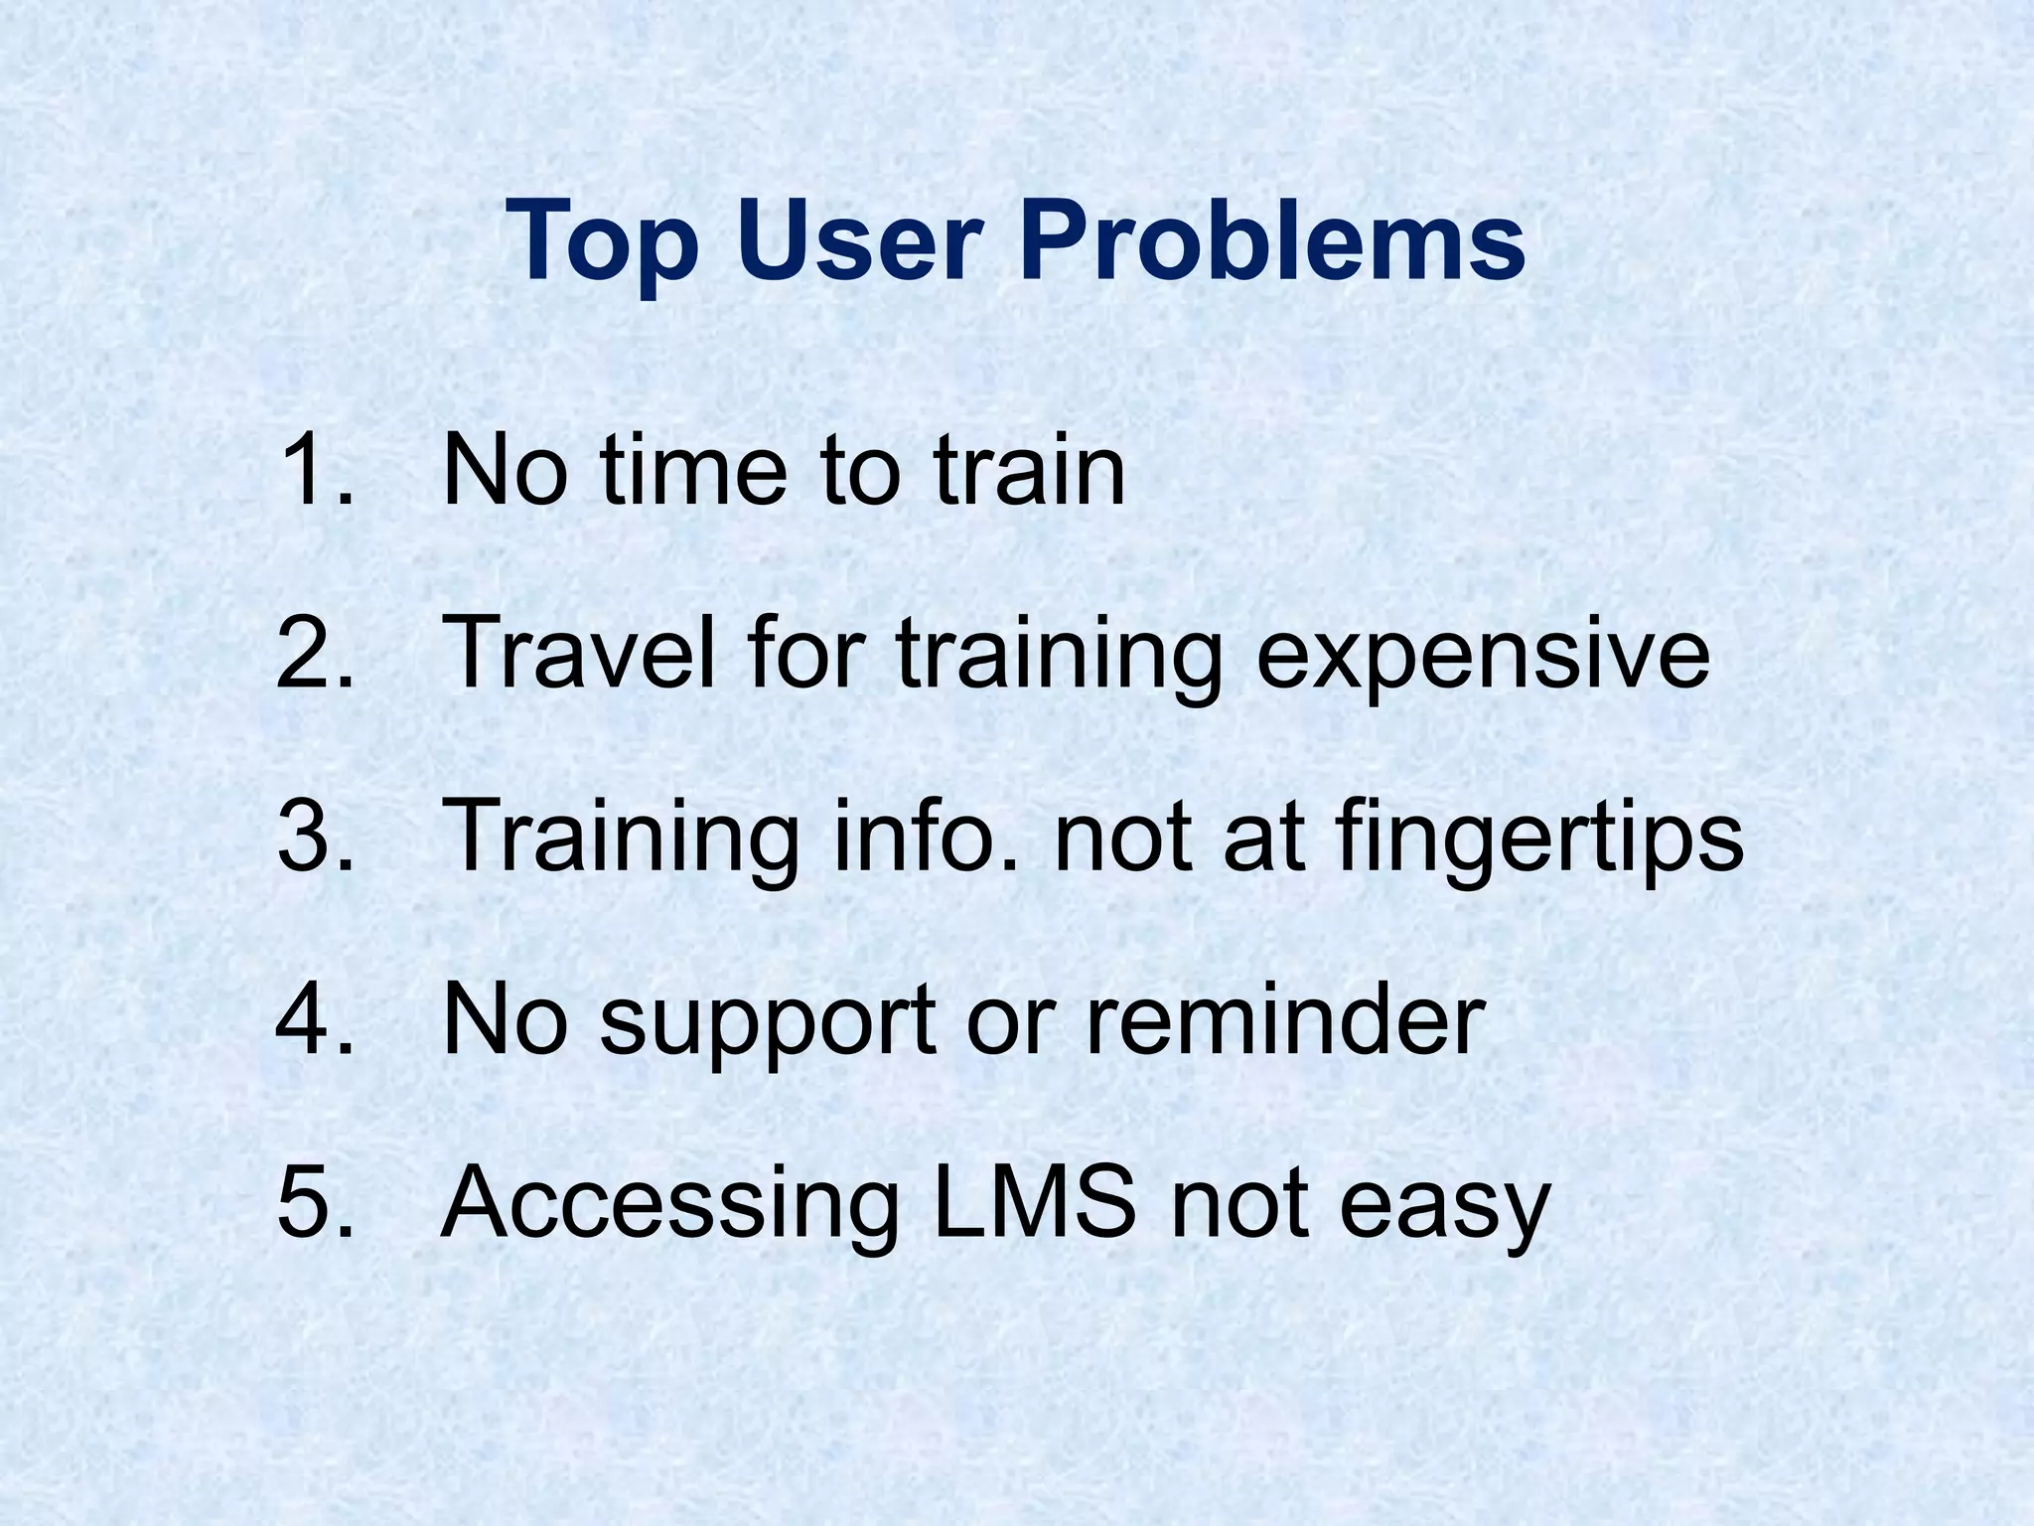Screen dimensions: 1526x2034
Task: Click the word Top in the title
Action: click(602, 243)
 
